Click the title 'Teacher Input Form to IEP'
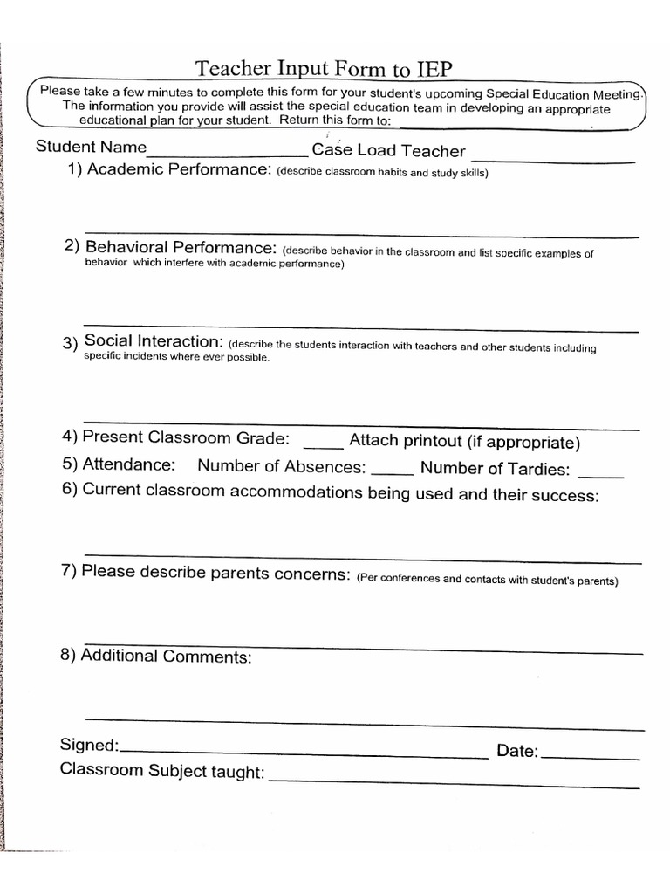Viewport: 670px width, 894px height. pos(324,69)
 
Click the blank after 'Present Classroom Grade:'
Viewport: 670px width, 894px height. pos(318,446)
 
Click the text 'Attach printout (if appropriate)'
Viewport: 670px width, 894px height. pos(464,442)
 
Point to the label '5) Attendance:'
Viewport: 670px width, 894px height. pos(118,464)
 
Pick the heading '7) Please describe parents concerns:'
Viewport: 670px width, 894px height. pos(206,574)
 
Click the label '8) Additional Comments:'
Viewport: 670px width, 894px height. pos(156,656)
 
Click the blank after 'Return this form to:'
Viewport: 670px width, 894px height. pos(510,126)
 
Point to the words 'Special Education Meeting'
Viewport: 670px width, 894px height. pos(564,93)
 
